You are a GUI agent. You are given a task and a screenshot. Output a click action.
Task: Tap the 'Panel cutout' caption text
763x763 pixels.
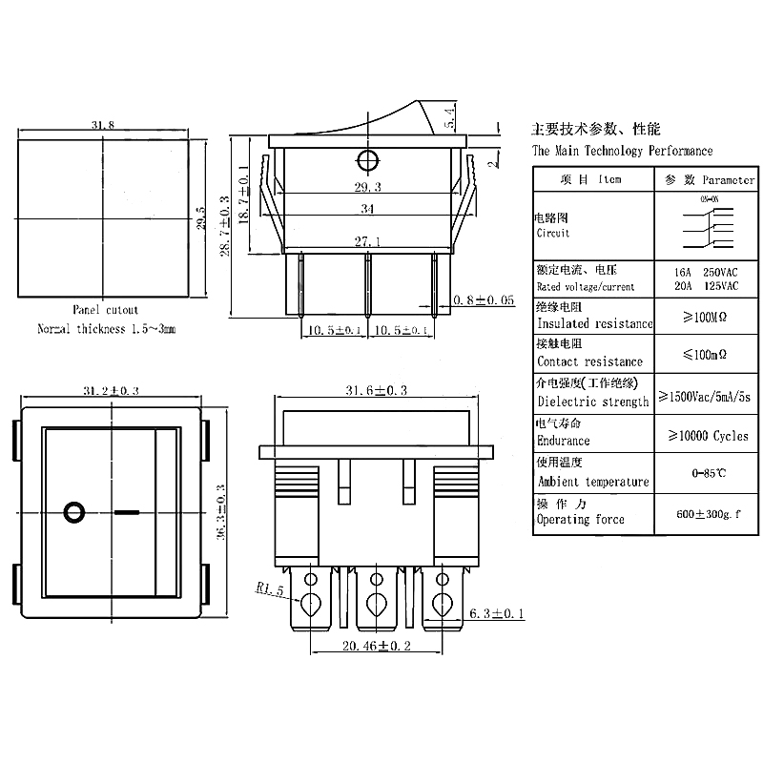(105, 310)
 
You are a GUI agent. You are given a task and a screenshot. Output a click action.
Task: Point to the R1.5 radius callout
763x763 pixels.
(272, 588)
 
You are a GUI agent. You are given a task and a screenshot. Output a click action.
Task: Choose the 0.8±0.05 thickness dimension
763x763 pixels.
(484, 299)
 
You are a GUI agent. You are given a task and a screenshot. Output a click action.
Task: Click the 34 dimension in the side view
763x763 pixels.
(367, 208)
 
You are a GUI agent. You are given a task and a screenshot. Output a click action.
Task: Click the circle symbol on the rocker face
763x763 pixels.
(73, 512)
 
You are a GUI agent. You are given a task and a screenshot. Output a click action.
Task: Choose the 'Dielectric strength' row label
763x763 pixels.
(592, 402)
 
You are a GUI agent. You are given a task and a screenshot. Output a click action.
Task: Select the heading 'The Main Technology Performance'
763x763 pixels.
(622, 151)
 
